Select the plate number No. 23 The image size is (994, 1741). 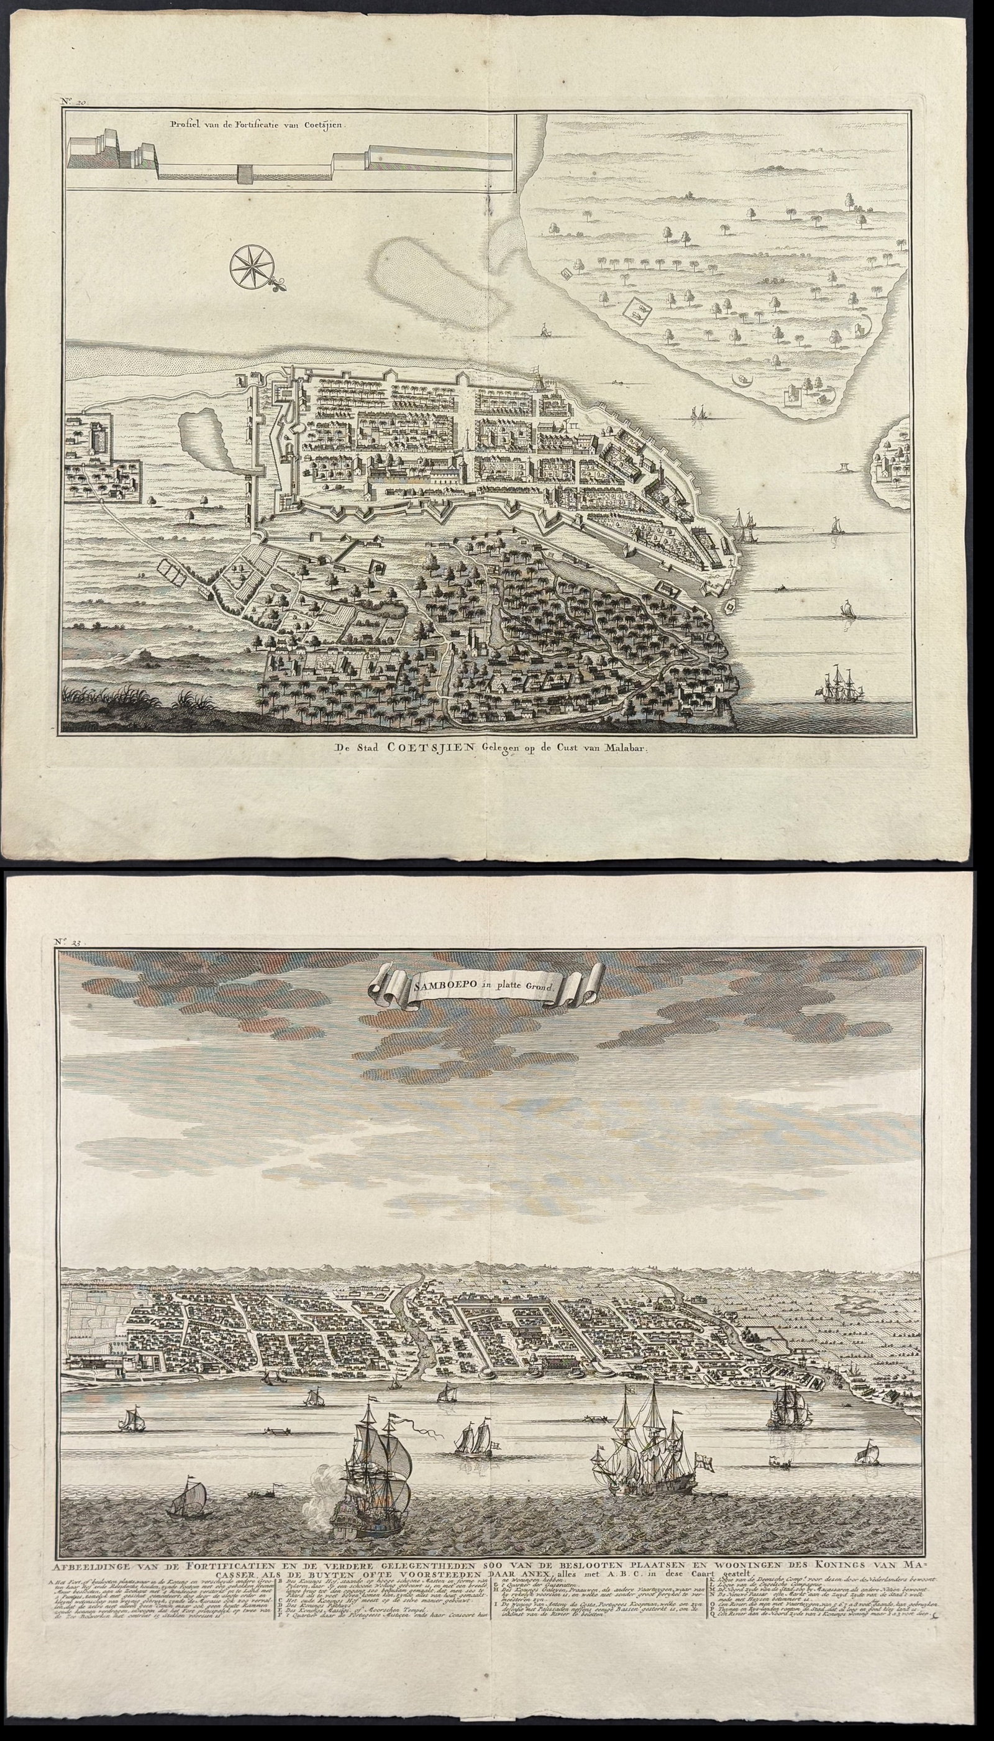click(x=70, y=944)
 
